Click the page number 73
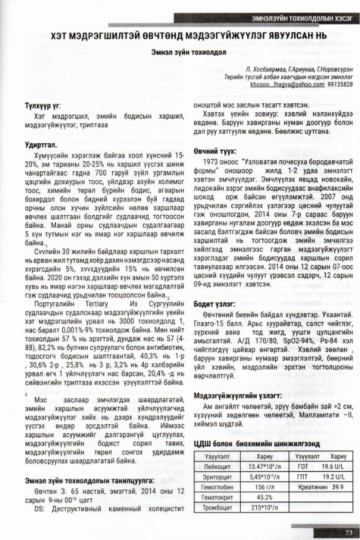click(348, 531)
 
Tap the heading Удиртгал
click(36, 144)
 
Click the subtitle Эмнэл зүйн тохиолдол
click(180, 52)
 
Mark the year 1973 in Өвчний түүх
click(210, 160)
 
